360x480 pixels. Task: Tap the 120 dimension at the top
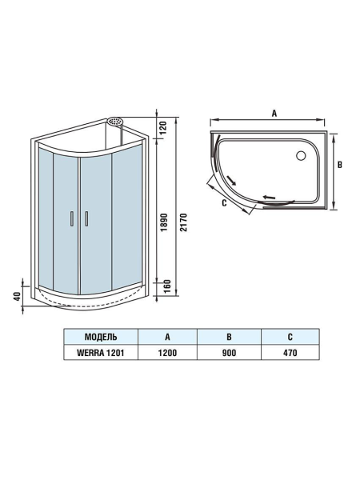(165, 126)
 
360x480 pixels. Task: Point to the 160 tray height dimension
(165, 286)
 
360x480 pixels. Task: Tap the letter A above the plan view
(274, 114)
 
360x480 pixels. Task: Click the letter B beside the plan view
(339, 166)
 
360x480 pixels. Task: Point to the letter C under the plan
(225, 204)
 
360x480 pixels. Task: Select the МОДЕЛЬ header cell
(101, 336)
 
